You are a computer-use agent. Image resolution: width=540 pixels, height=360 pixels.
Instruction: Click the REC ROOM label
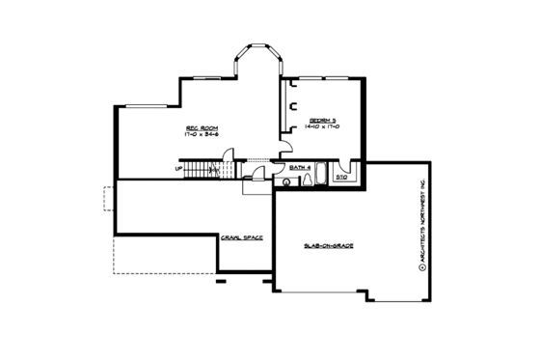(x=198, y=127)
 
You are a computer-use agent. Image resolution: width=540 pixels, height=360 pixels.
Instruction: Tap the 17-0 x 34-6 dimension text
(x=198, y=135)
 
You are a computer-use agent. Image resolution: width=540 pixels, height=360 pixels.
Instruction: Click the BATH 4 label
(x=299, y=168)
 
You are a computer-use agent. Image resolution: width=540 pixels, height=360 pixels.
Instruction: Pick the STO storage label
(x=341, y=177)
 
